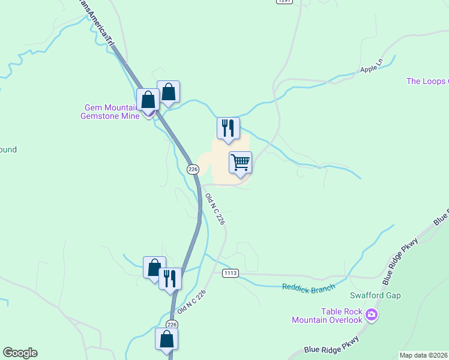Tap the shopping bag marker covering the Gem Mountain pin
(x=148, y=100)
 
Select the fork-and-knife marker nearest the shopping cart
(x=228, y=128)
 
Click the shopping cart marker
(x=240, y=162)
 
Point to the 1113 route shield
(x=230, y=273)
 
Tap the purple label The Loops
(x=427, y=81)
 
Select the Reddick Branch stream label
(x=309, y=288)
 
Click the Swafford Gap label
(x=375, y=295)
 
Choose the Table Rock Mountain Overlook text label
(x=327, y=316)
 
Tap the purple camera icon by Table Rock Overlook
(x=372, y=314)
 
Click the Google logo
(x=20, y=353)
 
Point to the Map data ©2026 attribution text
(x=423, y=355)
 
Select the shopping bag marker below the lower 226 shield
(x=166, y=339)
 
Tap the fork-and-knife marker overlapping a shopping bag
(x=170, y=278)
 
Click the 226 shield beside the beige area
(x=193, y=169)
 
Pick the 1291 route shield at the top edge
(x=284, y=2)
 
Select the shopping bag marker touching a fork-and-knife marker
(x=154, y=268)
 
